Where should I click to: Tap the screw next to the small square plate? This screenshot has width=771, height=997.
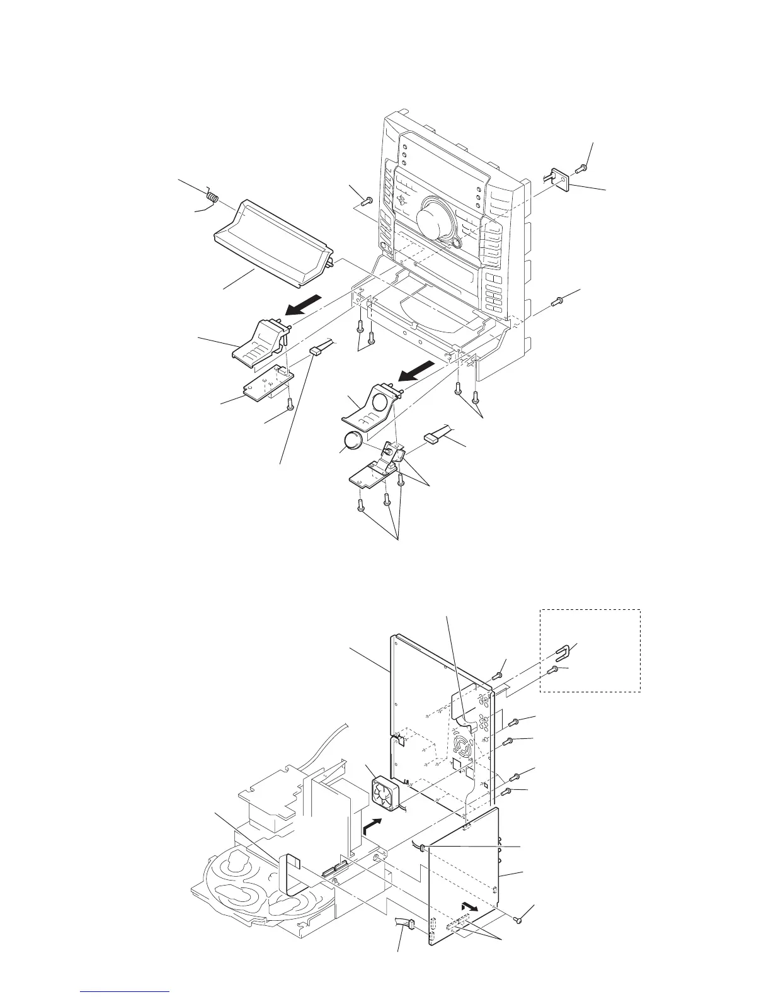tap(583, 167)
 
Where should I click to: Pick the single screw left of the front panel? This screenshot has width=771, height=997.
tap(368, 200)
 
